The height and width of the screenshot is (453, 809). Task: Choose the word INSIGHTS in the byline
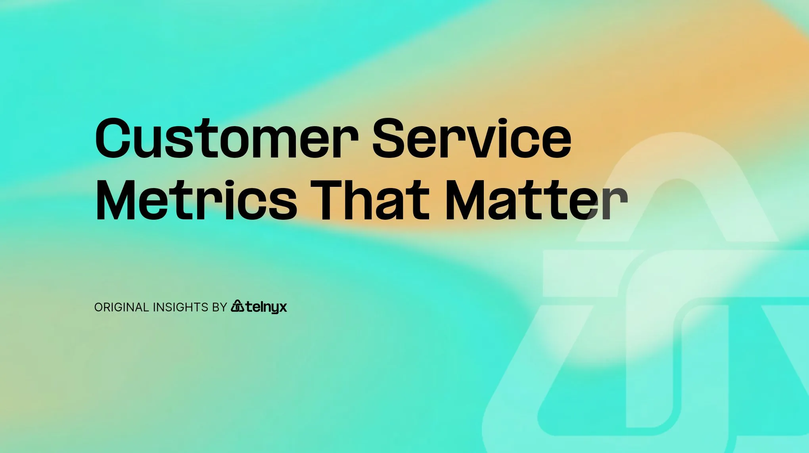click(x=180, y=307)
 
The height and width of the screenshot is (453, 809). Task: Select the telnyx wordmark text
click(x=266, y=307)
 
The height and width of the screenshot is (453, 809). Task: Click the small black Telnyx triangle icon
click(x=238, y=306)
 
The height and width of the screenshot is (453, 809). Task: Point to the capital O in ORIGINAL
click(x=99, y=307)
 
